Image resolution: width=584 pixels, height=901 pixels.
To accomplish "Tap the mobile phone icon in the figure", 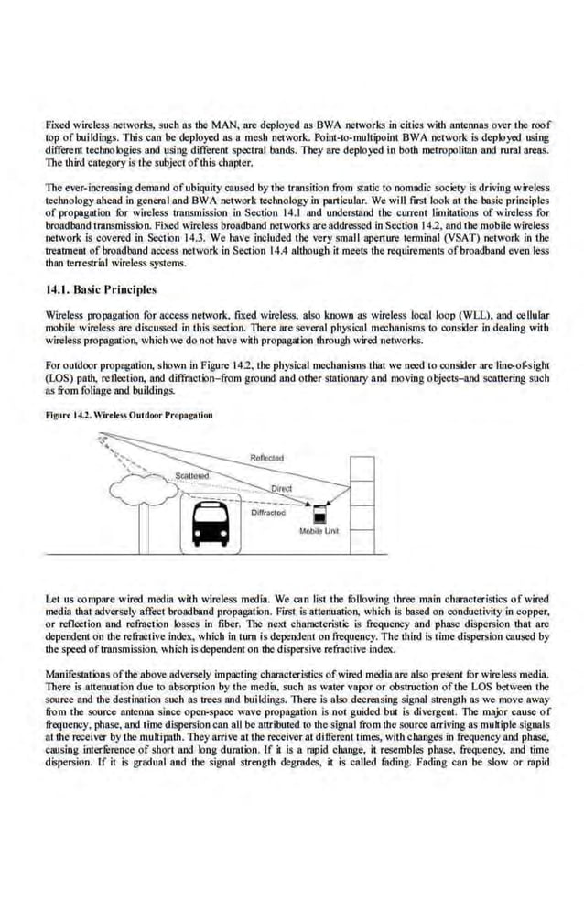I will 321,513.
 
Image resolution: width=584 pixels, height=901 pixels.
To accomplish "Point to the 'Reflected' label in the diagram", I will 266,458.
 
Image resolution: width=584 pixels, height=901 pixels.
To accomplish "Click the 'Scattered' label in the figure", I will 192,476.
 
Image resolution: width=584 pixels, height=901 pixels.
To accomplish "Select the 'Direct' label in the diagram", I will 281,489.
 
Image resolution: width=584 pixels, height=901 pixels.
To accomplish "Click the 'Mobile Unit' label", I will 319,531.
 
